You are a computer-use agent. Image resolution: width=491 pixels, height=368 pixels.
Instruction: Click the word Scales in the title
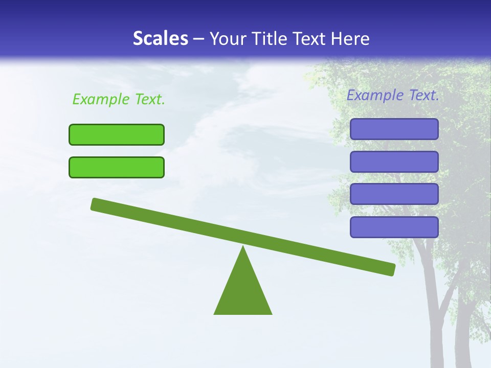tap(160, 38)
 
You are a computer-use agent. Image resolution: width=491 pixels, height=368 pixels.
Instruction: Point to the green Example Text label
tap(119, 99)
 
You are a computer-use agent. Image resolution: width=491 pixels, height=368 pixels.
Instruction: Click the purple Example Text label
tap(393, 95)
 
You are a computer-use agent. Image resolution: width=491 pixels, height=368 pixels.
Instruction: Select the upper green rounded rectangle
tap(117, 134)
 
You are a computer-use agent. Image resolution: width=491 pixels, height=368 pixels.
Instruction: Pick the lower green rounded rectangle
tap(117, 167)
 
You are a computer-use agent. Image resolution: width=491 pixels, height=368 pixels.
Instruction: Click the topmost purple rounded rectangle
tap(394, 129)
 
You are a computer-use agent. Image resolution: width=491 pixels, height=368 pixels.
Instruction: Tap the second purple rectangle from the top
tap(394, 162)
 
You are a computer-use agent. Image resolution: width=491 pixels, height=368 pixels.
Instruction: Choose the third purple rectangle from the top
tap(394, 194)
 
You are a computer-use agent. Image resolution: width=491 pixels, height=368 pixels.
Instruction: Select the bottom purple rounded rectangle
tap(394, 227)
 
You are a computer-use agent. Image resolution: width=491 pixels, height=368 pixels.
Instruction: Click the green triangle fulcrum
tap(243, 291)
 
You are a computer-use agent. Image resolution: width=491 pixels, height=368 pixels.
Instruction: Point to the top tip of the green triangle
tap(243, 248)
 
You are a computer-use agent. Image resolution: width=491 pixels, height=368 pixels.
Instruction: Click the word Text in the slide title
tap(310, 38)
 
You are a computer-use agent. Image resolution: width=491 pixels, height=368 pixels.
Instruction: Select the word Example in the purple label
tap(375, 95)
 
